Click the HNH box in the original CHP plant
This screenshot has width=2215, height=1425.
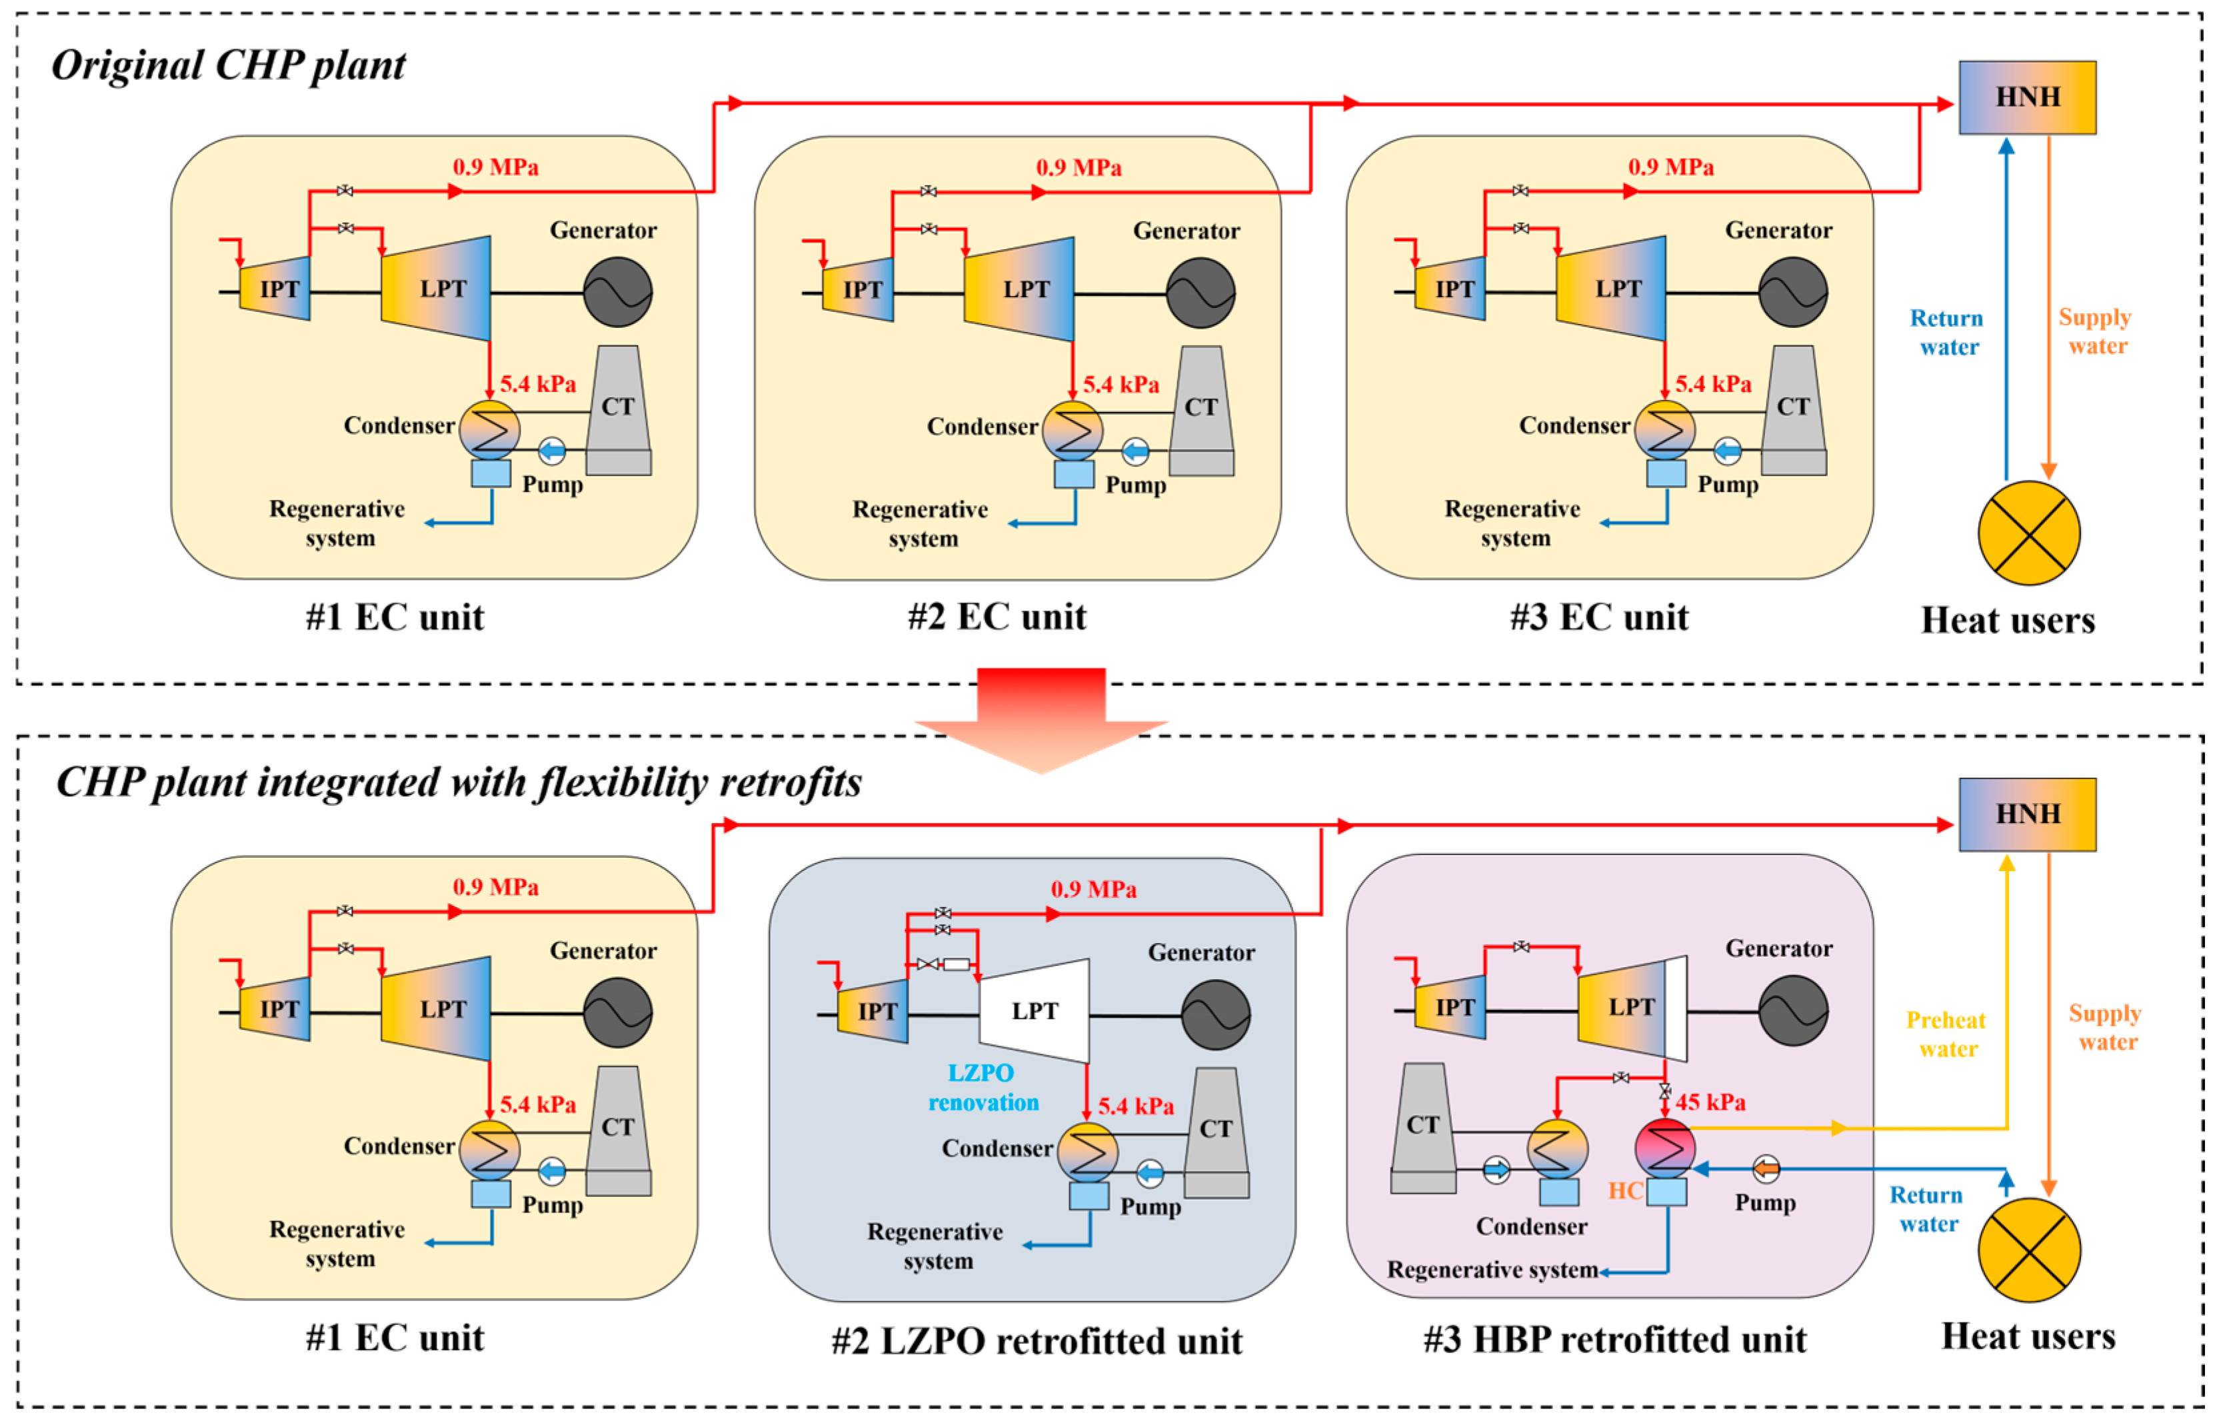tap(2026, 97)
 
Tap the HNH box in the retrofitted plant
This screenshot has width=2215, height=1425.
tap(2026, 814)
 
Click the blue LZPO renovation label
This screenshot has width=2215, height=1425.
tap(983, 1087)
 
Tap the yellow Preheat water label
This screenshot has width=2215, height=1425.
tap(1946, 1034)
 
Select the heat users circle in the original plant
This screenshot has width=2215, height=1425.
tap(2028, 533)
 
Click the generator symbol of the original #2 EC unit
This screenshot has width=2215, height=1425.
tap(1200, 293)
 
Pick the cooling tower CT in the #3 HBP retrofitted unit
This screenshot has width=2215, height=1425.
tap(1423, 1128)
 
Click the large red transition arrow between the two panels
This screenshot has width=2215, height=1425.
tap(1041, 720)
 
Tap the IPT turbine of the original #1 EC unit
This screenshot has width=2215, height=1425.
tap(274, 289)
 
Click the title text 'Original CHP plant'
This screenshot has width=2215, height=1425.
tap(227, 66)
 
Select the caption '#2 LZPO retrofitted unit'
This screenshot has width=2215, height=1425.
tap(1037, 1341)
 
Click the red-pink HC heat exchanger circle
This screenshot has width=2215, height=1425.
tap(1664, 1148)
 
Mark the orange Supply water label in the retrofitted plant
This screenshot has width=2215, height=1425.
tap(2106, 1027)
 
